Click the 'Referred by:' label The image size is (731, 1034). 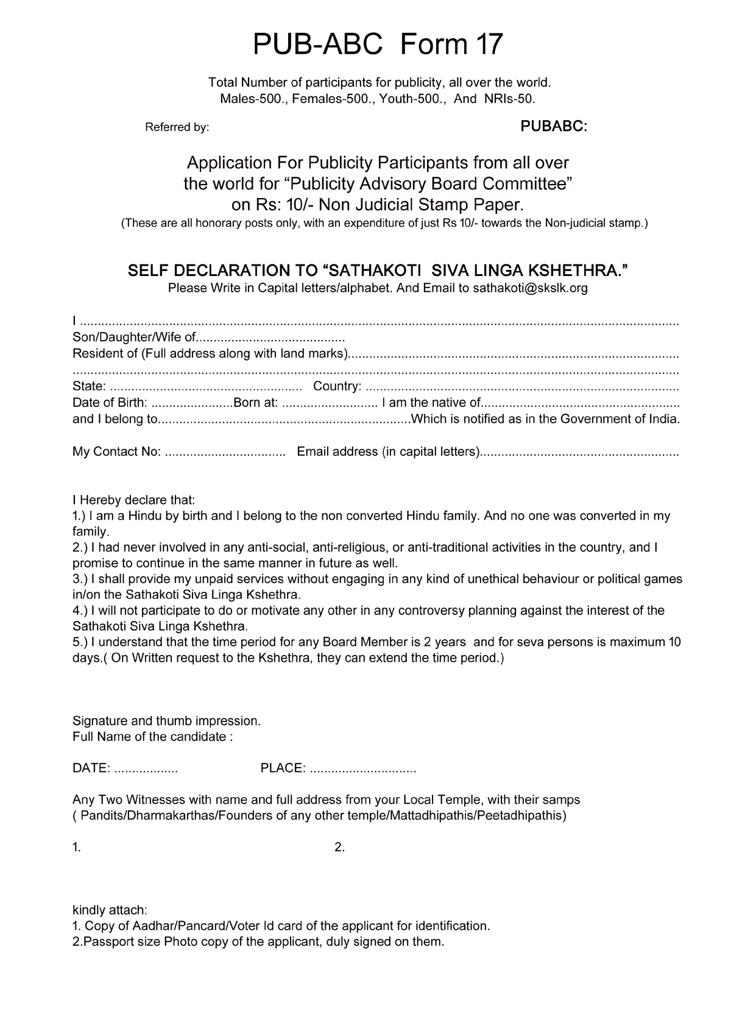[177, 127]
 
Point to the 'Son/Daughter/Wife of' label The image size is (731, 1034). [134, 338]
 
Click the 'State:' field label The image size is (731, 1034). [89, 386]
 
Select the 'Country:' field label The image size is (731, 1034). [337, 386]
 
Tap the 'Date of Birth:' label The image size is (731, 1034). [110, 403]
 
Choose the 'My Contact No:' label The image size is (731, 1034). [116, 451]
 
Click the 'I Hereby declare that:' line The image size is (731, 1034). [133, 500]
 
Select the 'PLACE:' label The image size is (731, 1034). [283, 768]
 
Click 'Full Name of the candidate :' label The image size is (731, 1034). [152, 737]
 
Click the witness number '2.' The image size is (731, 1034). [339, 848]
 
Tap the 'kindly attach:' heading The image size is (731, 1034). [110, 910]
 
